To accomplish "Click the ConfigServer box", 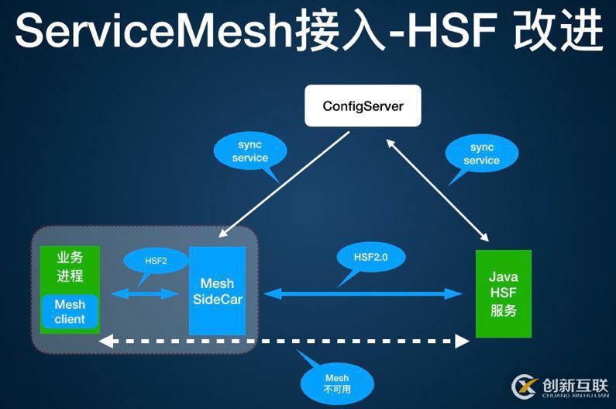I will pos(363,106).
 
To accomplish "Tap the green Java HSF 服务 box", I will pos(503,293).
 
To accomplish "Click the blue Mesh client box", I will pos(70,312).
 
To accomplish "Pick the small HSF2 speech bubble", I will pos(156,261).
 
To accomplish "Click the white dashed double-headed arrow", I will pos(287,341).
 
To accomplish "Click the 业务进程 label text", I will pos(70,266).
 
